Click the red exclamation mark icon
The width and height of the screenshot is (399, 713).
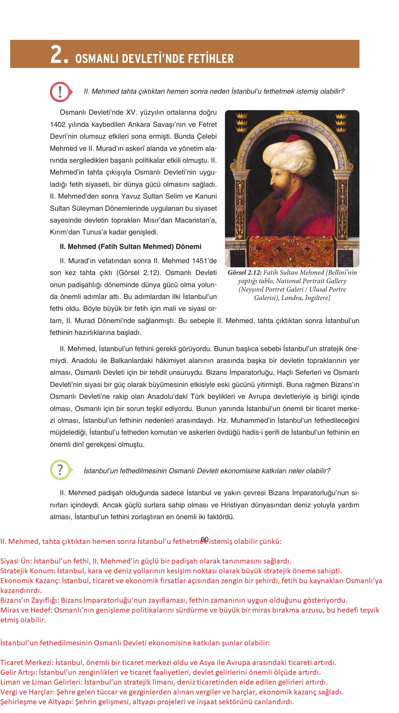(x=60, y=91)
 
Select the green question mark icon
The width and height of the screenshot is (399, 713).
(x=60, y=469)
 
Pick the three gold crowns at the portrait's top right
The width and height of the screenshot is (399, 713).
(x=341, y=122)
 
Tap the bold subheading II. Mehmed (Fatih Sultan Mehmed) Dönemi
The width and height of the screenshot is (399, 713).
(x=131, y=247)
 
